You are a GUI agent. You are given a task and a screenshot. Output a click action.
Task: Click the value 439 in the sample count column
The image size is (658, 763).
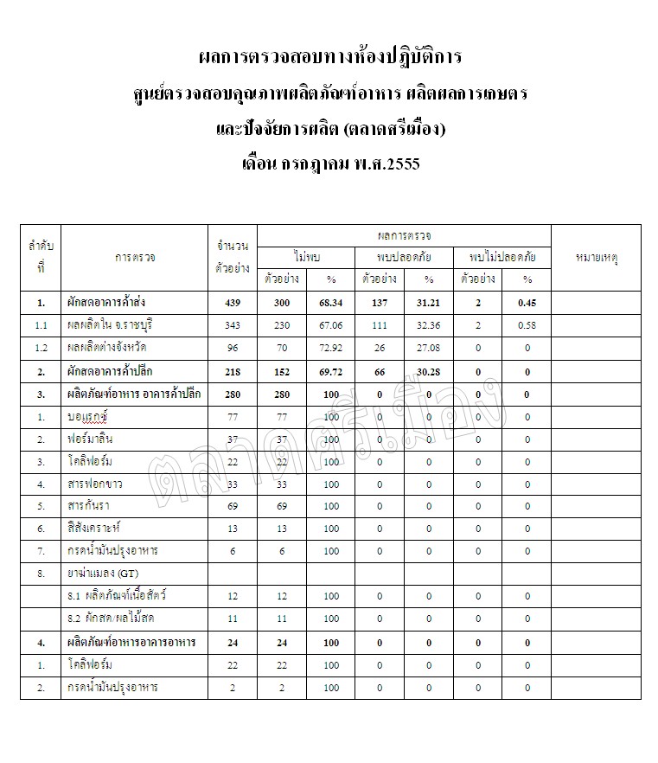tap(233, 304)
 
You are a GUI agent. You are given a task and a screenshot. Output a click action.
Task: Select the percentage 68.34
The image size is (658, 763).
tap(331, 304)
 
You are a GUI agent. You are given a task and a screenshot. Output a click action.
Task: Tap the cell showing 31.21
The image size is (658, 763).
tap(429, 304)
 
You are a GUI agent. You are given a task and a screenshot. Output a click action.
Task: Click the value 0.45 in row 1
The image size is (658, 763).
tap(527, 304)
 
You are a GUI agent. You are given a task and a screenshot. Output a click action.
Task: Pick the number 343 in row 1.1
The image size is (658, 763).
tap(233, 326)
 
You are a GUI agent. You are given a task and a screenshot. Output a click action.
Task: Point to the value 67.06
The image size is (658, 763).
tap(331, 326)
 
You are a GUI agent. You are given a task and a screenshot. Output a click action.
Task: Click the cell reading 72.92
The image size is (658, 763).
tap(331, 349)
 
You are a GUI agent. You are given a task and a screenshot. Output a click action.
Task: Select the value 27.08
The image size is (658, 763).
tap(429, 349)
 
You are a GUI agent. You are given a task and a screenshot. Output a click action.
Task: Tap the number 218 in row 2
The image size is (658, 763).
tap(233, 371)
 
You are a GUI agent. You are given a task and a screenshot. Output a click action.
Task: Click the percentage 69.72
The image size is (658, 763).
tap(331, 371)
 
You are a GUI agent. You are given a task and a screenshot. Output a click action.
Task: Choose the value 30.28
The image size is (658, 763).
tap(429, 371)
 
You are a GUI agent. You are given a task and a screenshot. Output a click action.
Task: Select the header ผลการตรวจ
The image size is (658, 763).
tap(404, 235)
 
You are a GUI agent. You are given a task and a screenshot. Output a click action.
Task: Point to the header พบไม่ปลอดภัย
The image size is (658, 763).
tap(502, 257)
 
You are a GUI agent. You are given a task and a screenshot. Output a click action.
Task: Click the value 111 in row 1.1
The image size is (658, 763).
tap(380, 326)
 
